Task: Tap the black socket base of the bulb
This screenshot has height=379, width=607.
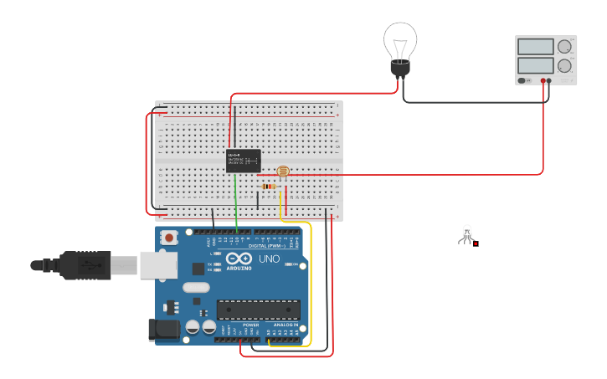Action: pyautogui.click(x=401, y=68)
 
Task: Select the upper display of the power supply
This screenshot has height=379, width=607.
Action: pyautogui.click(x=535, y=47)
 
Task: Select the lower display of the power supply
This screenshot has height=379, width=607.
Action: pyautogui.click(x=535, y=64)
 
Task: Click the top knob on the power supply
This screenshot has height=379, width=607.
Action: pyautogui.click(x=565, y=47)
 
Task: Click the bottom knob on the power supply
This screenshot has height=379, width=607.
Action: pyautogui.click(x=565, y=65)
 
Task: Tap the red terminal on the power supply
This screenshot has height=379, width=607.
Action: pyautogui.click(x=543, y=80)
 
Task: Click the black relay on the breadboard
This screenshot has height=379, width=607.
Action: pyautogui.click(x=244, y=161)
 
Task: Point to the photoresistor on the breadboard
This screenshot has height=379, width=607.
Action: pyautogui.click(x=283, y=172)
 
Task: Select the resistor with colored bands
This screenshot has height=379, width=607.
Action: pyautogui.click(x=269, y=186)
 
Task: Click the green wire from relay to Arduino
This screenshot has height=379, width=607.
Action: pyautogui.click(x=236, y=201)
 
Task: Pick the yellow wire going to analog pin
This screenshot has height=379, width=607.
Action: pyautogui.click(x=310, y=284)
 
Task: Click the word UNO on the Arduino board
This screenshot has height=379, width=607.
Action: pyautogui.click(x=269, y=259)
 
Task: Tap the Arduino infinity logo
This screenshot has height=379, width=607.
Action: pyautogui.click(x=239, y=259)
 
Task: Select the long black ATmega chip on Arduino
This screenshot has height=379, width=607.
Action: pyautogui.click(x=258, y=310)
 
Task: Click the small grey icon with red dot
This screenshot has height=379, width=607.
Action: pyautogui.click(x=467, y=235)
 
